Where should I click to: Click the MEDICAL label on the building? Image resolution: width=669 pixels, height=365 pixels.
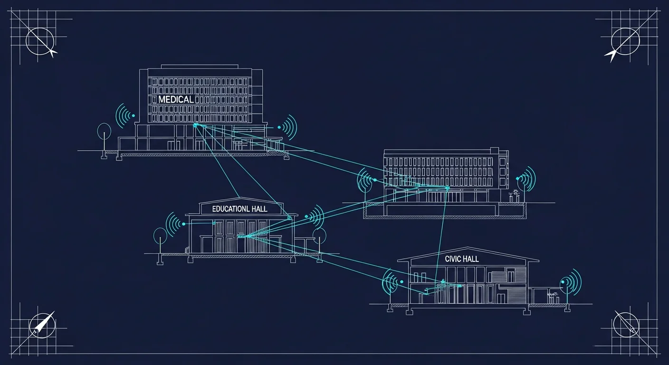click(176, 99)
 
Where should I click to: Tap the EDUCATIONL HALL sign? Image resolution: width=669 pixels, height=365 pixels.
click(239, 209)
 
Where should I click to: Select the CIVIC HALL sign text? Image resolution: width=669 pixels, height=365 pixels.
click(462, 259)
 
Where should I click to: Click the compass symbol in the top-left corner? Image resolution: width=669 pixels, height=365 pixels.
click(40, 41)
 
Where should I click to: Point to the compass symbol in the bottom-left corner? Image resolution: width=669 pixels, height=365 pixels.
click(42, 326)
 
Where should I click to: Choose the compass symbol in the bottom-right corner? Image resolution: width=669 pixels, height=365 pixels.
click(626, 325)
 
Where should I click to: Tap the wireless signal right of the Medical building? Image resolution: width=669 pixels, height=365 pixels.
click(287, 127)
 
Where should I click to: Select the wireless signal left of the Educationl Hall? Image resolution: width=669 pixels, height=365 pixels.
click(175, 224)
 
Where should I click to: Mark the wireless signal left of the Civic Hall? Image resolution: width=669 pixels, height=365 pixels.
click(392, 282)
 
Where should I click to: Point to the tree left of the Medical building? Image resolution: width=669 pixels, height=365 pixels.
click(104, 140)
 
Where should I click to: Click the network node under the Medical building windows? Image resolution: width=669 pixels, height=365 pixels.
click(196, 125)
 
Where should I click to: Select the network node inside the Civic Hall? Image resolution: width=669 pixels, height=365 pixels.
click(443, 281)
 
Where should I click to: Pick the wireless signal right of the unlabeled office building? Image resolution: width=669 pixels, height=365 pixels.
click(526, 179)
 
